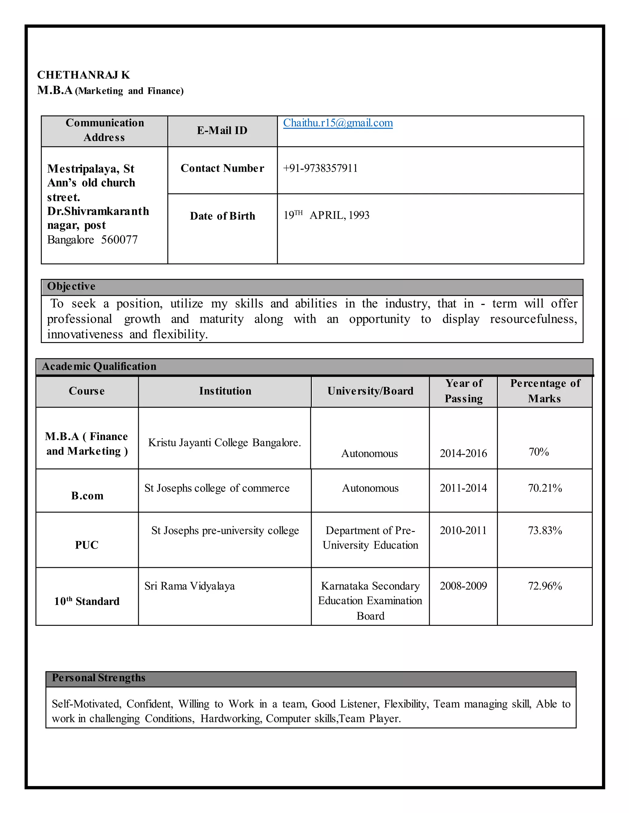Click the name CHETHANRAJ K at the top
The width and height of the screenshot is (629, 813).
(84, 75)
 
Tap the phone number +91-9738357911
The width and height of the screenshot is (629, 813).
(320, 168)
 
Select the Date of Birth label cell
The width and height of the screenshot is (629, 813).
(222, 216)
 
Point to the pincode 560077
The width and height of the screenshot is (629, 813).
(119, 239)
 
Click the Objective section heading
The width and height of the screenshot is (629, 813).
(71, 286)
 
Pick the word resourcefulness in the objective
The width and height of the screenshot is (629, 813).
(533, 319)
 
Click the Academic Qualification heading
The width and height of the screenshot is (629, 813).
(99, 366)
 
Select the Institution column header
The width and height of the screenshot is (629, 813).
(225, 391)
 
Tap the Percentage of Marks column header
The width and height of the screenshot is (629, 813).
(545, 391)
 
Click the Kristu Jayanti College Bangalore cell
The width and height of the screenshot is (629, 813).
(224, 443)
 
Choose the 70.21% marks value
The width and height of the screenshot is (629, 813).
(545, 488)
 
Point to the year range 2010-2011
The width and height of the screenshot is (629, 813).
(463, 530)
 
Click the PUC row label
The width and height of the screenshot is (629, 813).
(86, 545)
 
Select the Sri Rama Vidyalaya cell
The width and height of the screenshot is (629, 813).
(190, 586)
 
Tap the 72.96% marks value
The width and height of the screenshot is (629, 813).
(545, 586)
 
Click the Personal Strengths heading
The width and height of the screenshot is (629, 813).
(98, 677)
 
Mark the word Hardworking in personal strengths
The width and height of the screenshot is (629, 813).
(231, 718)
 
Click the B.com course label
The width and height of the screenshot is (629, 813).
(87, 496)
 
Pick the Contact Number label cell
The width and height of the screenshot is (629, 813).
(222, 168)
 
